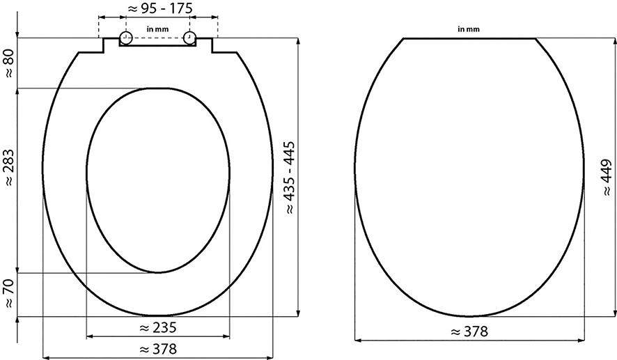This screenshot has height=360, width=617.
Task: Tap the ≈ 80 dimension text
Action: (8, 62)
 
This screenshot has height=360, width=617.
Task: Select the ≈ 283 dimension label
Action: (8, 168)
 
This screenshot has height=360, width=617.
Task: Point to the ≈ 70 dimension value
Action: (8, 293)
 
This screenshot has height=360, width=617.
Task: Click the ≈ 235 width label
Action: (158, 327)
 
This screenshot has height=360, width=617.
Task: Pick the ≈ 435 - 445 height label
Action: (290, 178)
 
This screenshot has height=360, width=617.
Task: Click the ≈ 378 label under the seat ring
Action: (158, 349)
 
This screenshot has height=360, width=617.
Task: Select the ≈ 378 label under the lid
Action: (469, 331)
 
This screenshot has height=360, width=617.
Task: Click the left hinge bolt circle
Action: (125, 38)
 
